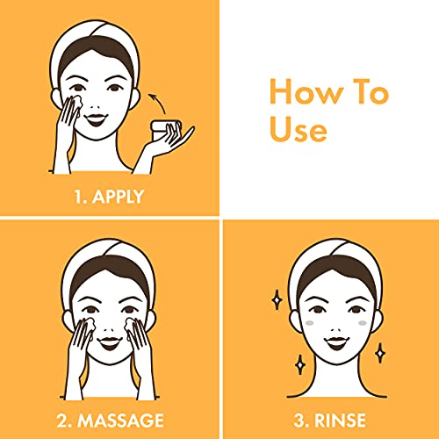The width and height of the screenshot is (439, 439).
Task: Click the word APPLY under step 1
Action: [118, 197]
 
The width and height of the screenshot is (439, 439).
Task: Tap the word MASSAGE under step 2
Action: [120, 421]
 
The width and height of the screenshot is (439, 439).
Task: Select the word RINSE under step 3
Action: [340, 421]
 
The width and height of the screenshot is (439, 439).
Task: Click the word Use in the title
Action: [298, 129]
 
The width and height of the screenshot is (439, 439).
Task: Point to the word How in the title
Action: [306, 91]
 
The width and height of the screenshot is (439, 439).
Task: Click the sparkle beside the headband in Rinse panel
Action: [277, 299]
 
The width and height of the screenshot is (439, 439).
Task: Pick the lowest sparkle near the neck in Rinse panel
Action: [300, 364]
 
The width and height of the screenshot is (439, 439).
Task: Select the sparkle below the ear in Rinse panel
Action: [380, 353]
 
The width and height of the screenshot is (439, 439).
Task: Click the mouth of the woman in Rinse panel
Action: [337, 342]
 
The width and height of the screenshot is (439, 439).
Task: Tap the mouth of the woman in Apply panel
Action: [96, 119]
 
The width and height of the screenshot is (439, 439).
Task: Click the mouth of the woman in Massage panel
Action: [110, 342]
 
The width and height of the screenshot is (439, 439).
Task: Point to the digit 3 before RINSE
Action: [299, 421]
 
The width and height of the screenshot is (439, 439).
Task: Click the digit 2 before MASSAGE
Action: [62, 421]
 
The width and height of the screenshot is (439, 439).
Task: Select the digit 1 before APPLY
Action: [79, 197]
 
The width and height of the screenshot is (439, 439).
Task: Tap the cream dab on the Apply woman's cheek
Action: [77, 102]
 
